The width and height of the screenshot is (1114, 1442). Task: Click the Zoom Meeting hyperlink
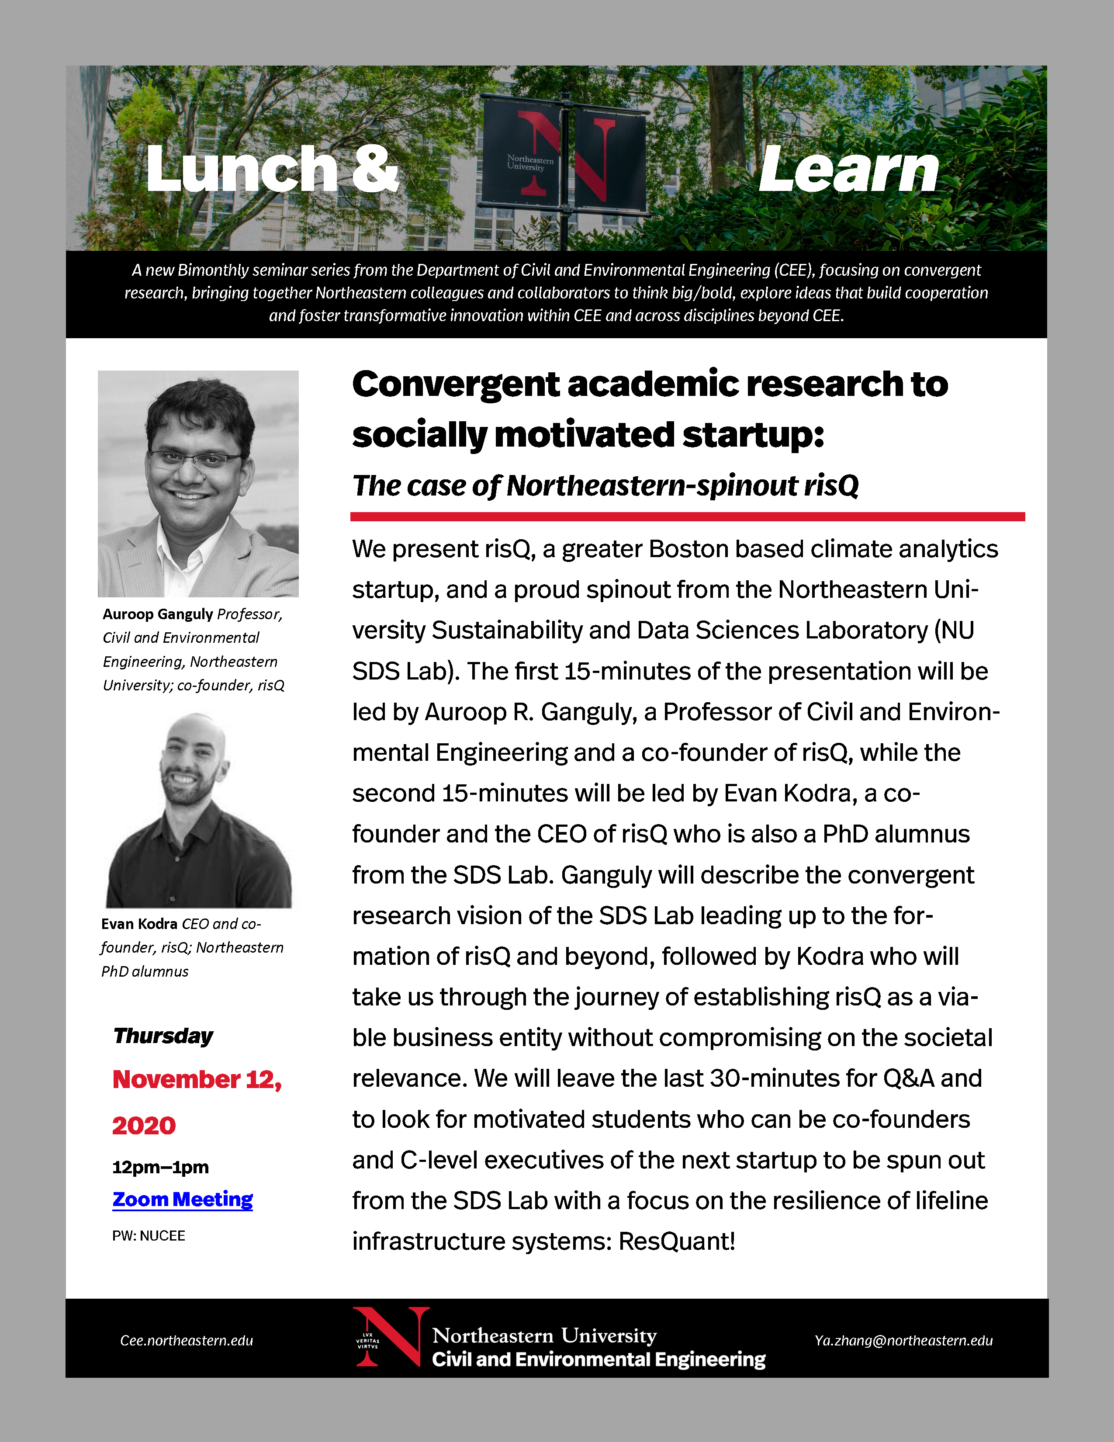pos(182,1199)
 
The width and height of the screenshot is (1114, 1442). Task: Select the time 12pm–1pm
pos(160,1167)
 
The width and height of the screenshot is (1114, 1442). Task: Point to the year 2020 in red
pos(144,1126)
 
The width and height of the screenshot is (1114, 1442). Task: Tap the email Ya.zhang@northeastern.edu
pos(903,1340)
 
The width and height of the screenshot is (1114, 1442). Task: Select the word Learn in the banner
pos(849,170)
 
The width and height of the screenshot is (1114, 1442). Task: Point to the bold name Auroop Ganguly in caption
pos(158,614)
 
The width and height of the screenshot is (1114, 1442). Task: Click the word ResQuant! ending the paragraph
pos(676,1242)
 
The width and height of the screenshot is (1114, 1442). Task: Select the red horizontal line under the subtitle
pos(687,517)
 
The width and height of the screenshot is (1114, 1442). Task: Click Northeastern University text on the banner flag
pos(530,163)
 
